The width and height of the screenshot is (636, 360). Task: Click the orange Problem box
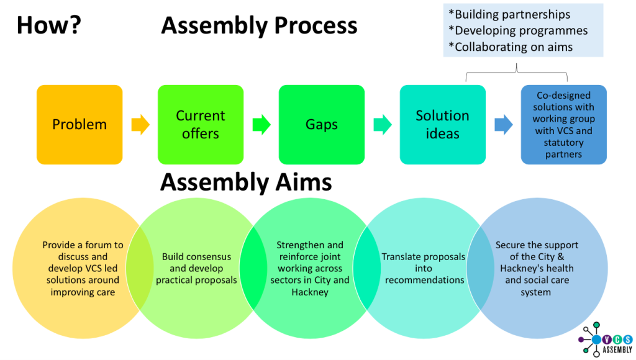tap(79, 124)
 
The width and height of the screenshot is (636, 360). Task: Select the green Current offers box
tap(200, 124)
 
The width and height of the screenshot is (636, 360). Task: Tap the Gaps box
tap(321, 124)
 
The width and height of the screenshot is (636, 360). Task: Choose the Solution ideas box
tap(442, 124)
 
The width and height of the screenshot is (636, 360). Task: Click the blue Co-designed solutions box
tap(563, 124)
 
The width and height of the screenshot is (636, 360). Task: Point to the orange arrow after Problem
tap(140, 125)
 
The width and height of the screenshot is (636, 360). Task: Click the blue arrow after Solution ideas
tap(503, 125)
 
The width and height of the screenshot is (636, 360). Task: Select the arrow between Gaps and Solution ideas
tap(382, 125)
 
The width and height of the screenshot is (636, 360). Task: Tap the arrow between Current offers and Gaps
tap(261, 125)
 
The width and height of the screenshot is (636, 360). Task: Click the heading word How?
tap(48, 25)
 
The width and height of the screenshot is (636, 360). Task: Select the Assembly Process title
tap(259, 25)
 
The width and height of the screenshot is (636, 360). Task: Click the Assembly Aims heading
tap(246, 182)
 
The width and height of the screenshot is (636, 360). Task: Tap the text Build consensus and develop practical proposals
tap(196, 268)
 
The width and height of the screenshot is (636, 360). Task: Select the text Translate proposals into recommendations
tap(424, 268)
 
